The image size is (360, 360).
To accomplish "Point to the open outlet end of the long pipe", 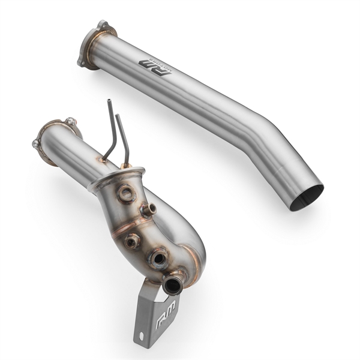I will (307, 197).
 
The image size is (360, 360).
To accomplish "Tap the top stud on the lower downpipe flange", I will (71, 121).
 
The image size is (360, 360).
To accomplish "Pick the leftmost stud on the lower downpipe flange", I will (36, 145).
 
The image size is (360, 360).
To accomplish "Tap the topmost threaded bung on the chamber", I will (125, 194).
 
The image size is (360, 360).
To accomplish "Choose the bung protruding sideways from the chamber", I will (149, 209).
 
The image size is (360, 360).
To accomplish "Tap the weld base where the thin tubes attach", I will (125, 165).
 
